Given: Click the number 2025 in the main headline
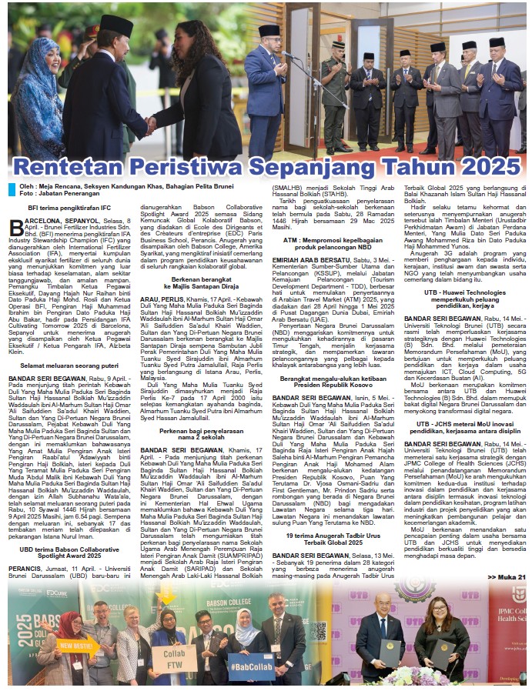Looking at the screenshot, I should click(477, 167).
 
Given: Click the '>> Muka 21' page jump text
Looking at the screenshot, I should click(506, 576).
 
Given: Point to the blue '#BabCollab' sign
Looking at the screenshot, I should click(252, 666).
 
